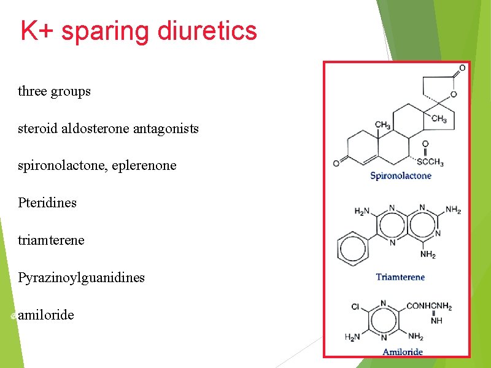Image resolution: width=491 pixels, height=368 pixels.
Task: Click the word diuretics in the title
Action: pos(207,31)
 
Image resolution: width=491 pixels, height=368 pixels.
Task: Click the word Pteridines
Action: pos(47,202)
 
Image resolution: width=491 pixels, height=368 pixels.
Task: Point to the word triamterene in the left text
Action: pos(51,240)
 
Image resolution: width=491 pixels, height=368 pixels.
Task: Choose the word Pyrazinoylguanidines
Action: pos(81,277)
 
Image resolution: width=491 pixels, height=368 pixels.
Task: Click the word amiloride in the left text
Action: pos(46,315)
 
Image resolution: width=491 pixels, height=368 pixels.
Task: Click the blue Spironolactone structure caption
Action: pos(400,176)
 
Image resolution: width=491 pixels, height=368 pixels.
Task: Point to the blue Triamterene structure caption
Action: pos(400,277)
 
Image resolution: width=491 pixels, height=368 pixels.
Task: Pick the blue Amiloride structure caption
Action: pos(403,351)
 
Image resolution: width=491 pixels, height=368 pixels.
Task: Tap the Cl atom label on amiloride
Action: pos(355,306)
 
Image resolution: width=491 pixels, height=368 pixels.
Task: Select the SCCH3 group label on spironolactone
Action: pos(431,162)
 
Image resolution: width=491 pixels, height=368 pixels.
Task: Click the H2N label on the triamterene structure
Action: pos(362,211)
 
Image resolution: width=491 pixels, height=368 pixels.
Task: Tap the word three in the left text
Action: pos(32,91)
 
